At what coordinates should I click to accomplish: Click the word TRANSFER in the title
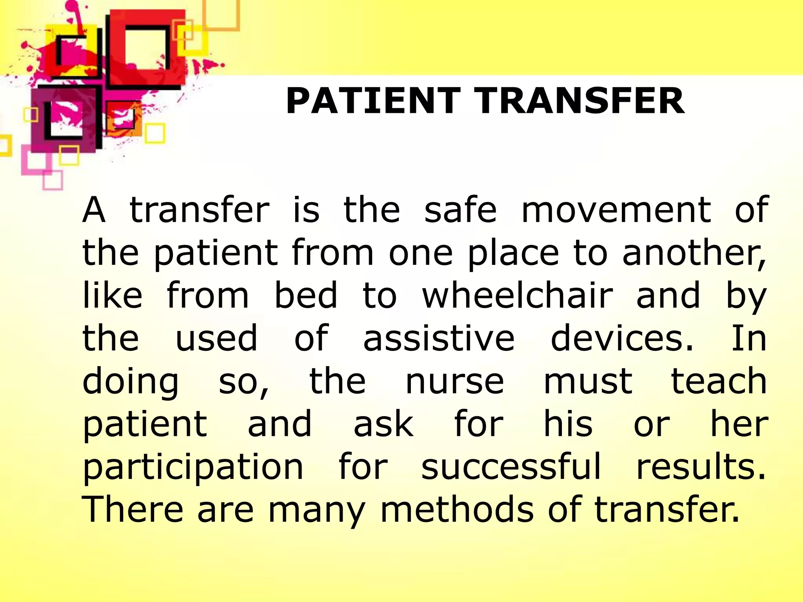click(580, 101)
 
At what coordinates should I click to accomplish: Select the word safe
click(461, 210)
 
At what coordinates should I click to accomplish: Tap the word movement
click(616, 210)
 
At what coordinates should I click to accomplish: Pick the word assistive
click(439, 338)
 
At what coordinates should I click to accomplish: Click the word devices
click(622, 338)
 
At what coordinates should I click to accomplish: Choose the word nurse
click(455, 381)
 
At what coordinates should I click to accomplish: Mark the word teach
click(719, 381)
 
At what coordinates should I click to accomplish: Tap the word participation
click(193, 466)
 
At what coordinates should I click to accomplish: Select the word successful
click(511, 466)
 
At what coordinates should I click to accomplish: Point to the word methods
click(457, 509)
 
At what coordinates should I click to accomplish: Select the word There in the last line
click(133, 509)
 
